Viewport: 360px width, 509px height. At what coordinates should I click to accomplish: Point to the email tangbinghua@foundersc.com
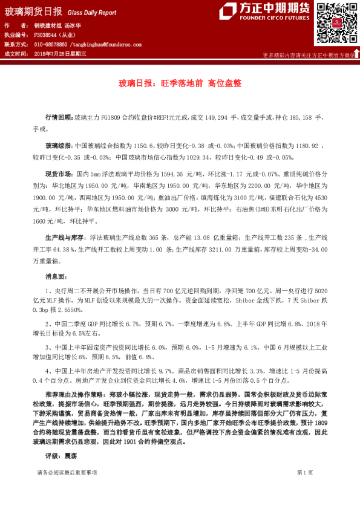(106, 45)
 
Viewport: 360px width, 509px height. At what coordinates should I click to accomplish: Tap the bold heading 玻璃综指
(59, 146)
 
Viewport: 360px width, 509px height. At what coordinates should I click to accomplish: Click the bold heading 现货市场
(59, 173)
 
